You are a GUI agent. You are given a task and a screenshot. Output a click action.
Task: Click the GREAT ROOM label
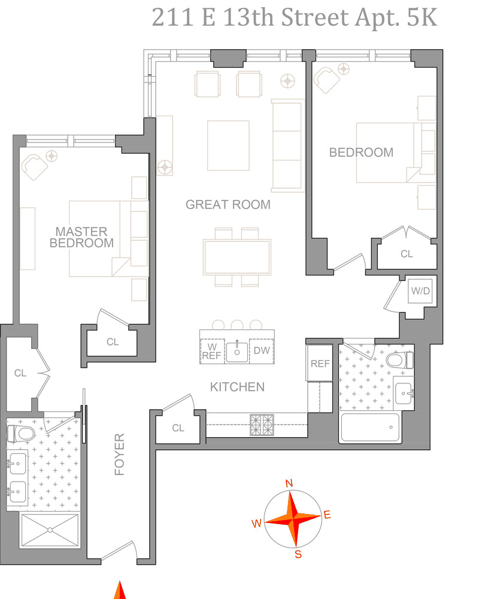228,205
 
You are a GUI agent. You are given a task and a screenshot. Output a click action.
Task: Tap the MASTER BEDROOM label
82,237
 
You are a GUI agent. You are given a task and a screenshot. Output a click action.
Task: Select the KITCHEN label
237,387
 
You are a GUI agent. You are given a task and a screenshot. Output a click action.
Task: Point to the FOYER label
120,454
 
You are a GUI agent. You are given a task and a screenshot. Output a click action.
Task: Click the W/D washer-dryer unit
420,291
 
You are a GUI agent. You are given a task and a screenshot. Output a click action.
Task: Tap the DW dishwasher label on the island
262,350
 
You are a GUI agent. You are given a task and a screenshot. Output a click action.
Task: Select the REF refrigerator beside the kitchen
320,364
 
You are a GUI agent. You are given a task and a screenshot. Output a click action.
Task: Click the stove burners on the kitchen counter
262,425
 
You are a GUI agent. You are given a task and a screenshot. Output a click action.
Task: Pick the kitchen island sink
237,352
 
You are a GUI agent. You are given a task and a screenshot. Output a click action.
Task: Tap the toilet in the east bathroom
399,360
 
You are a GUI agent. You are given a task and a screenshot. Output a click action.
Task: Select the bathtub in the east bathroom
370,428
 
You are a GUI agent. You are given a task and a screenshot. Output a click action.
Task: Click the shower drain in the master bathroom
50,530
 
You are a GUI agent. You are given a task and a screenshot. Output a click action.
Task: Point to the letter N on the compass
289,483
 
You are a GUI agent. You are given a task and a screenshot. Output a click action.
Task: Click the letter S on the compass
298,554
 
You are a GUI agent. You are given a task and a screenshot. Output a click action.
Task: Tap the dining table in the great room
237,257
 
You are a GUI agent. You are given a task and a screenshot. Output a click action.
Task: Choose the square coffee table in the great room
228,146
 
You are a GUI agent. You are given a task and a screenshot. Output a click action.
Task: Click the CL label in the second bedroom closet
407,254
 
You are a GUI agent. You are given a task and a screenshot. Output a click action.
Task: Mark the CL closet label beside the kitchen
178,428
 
